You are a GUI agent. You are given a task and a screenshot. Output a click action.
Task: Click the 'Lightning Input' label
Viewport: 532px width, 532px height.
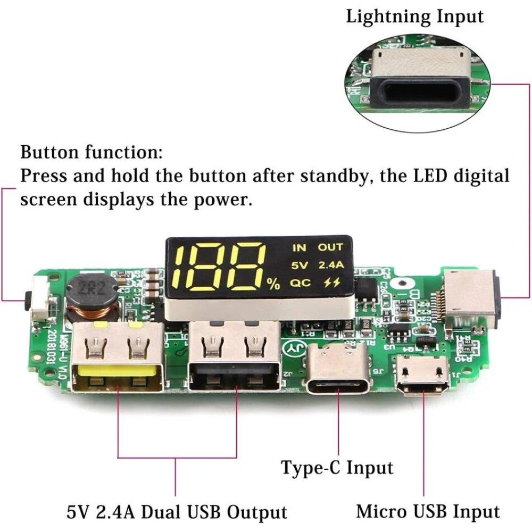(x=415, y=16)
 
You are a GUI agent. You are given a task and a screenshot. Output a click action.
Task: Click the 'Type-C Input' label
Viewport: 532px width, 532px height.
(x=337, y=468)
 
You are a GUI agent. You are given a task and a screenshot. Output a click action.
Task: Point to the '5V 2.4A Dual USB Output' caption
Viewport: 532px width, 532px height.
(x=177, y=512)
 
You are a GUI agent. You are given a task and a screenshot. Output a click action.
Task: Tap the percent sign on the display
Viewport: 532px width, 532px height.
(x=273, y=285)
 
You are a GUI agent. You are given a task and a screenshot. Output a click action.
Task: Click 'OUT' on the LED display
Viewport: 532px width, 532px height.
(x=330, y=247)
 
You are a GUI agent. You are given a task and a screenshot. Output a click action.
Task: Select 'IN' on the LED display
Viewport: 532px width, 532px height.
(x=300, y=247)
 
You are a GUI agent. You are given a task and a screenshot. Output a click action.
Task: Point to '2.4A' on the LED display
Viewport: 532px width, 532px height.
(x=330, y=265)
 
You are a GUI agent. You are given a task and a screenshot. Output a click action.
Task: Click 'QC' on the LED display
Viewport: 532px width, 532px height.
(x=300, y=283)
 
